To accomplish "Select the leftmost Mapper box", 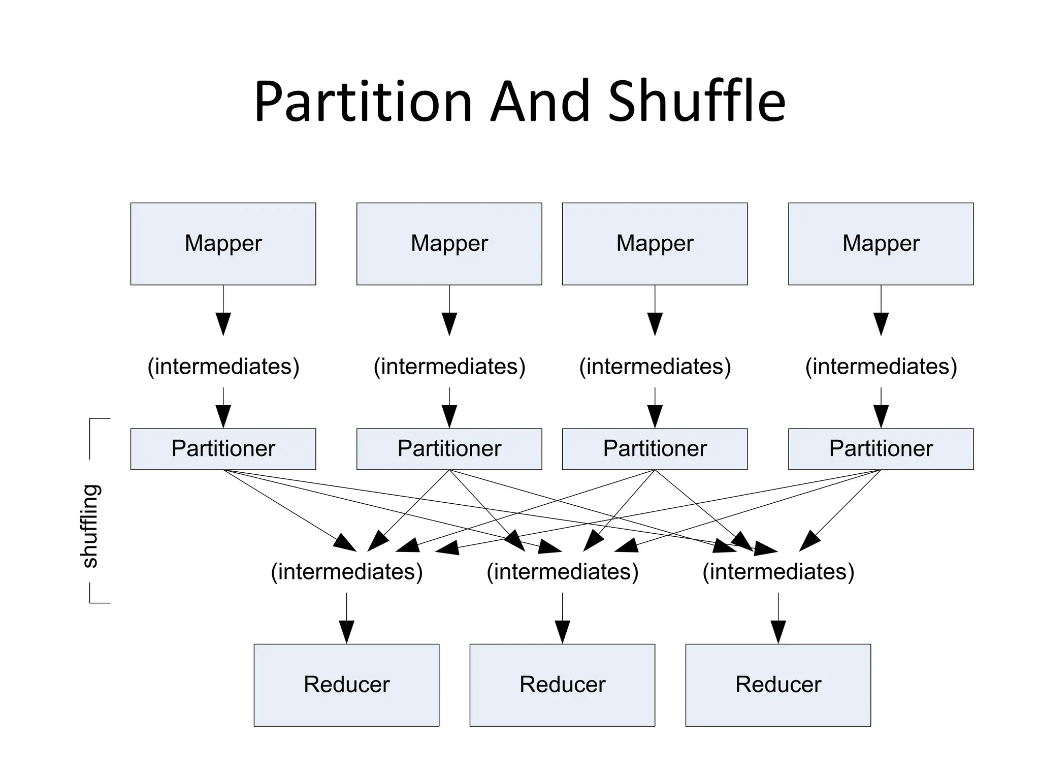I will (x=223, y=244).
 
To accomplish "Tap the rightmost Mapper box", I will (x=881, y=244).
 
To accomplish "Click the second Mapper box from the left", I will (x=449, y=244).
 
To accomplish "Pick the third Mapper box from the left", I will (x=655, y=244).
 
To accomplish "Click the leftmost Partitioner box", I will (x=223, y=449).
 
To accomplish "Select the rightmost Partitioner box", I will (x=881, y=449).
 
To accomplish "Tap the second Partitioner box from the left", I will (x=449, y=449).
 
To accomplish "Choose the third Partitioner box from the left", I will (x=655, y=449).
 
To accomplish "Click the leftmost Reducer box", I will (x=346, y=685).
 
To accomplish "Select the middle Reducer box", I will (x=562, y=685).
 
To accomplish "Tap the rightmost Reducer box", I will (x=778, y=685).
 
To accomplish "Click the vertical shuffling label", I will (x=90, y=526).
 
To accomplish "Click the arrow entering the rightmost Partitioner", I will (x=881, y=408).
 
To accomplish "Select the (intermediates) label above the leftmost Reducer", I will (x=346, y=572).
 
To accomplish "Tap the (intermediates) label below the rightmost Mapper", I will (x=881, y=367).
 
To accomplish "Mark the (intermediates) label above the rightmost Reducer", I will (x=778, y=572).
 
